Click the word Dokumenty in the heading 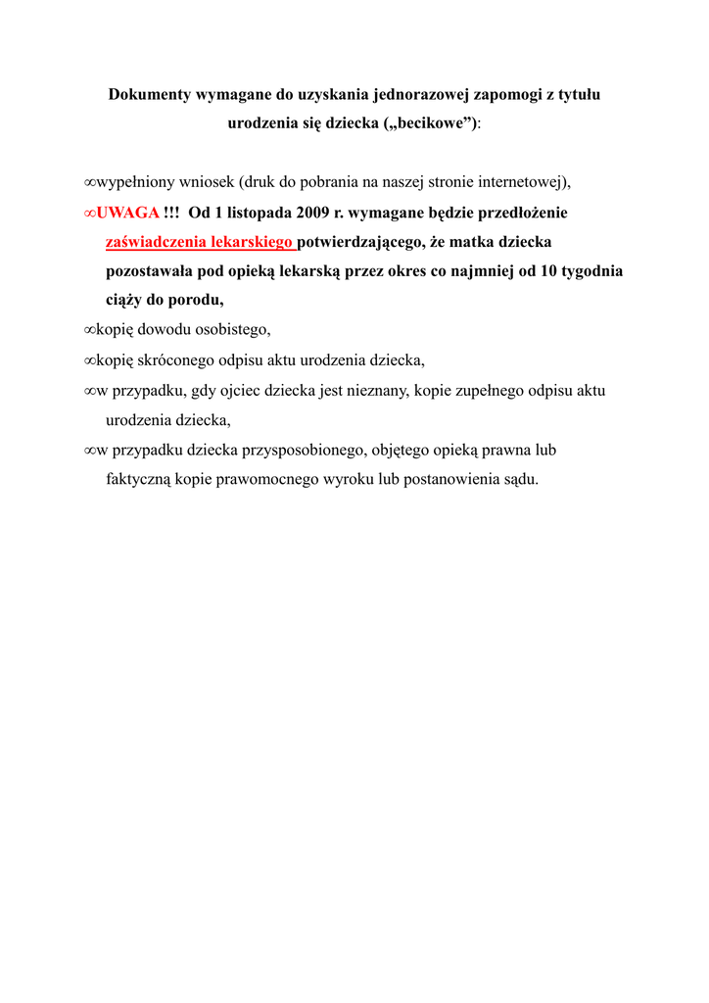point(150,96)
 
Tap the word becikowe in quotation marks point(433,125)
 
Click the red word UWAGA point(128,213)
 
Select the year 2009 point(315,213)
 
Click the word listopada point(254,213)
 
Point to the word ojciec point(229,391)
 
